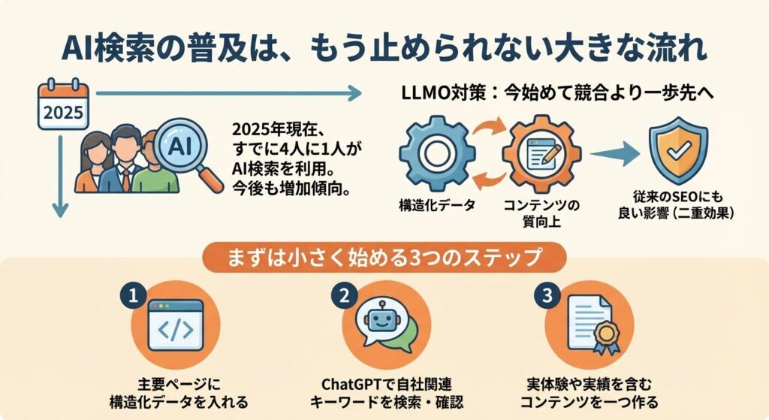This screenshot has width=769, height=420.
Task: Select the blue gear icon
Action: pos(435,154)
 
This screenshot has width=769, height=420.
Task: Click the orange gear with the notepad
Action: pos(541,154)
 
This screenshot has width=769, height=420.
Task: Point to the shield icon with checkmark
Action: pos(677,151)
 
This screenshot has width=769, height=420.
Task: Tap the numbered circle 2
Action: pos(344,295)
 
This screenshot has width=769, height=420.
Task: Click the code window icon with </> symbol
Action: pos(175,325)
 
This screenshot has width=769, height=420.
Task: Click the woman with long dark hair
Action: pos(95,162)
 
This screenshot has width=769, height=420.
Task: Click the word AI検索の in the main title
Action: pos(116,49)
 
